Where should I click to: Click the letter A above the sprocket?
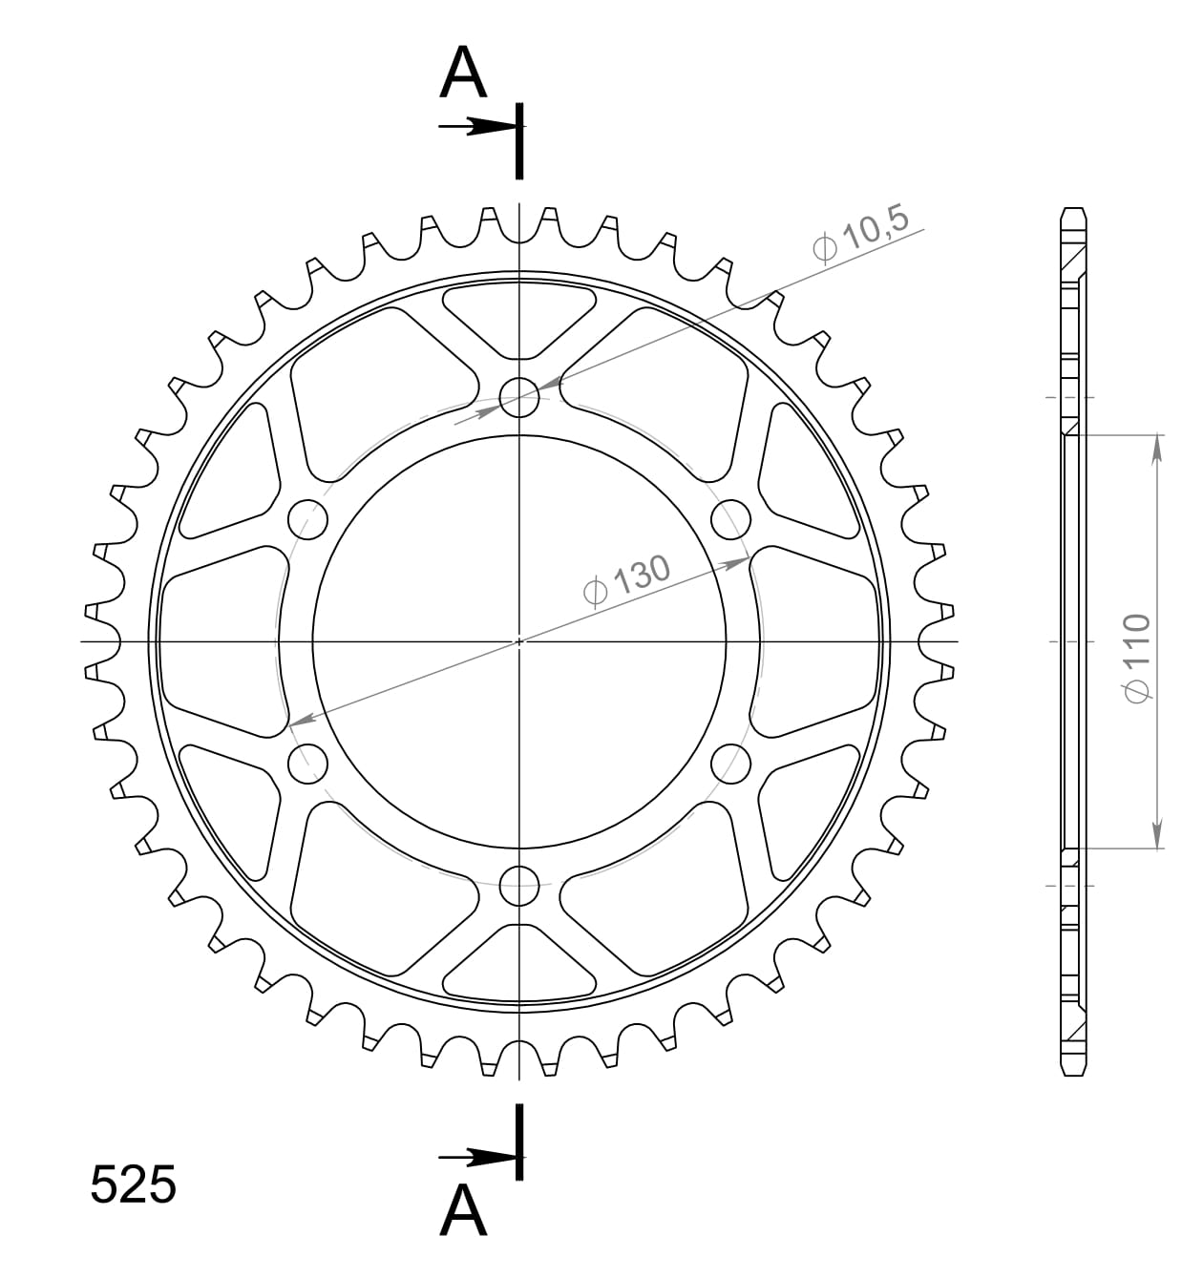click(x=463, y=74)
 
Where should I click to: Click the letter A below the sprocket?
click(x=463, y=1210)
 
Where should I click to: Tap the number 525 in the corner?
click(x=133, y=1184)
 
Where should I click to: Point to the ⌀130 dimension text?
click(x=627, y=579)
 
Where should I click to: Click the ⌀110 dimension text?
click(x=1137, y=659)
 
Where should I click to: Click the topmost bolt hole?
click(x=519, y=397)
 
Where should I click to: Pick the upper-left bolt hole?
click(x=307, y=519)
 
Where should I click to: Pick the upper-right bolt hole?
click(x=731, y=519)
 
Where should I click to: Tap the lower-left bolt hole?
click(x=307, y=763)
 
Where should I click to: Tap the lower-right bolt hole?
click(x=731, y=763)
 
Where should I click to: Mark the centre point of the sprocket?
click(x=519, y=640)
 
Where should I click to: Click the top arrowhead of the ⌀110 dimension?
click(x=1157, y=449)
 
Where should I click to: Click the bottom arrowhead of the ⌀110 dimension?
click(x=1157, y=833)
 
